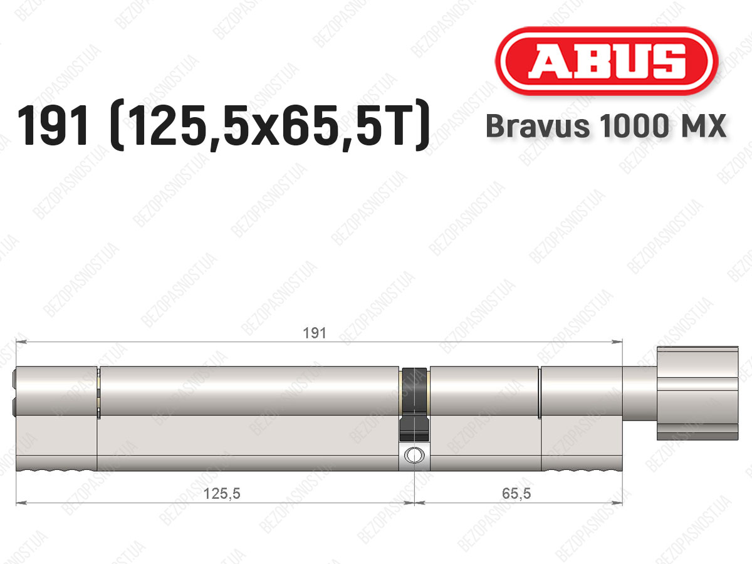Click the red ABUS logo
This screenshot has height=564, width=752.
[607, 61]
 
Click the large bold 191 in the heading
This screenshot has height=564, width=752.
[54, 125]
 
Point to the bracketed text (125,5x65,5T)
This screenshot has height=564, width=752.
[269, 125]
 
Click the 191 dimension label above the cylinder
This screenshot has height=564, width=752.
[314, 333]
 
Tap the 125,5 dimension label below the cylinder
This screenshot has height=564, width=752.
[222, 493]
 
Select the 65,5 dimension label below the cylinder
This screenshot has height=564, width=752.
[516, 493]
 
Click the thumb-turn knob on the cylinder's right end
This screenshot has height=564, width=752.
[697, 393]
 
